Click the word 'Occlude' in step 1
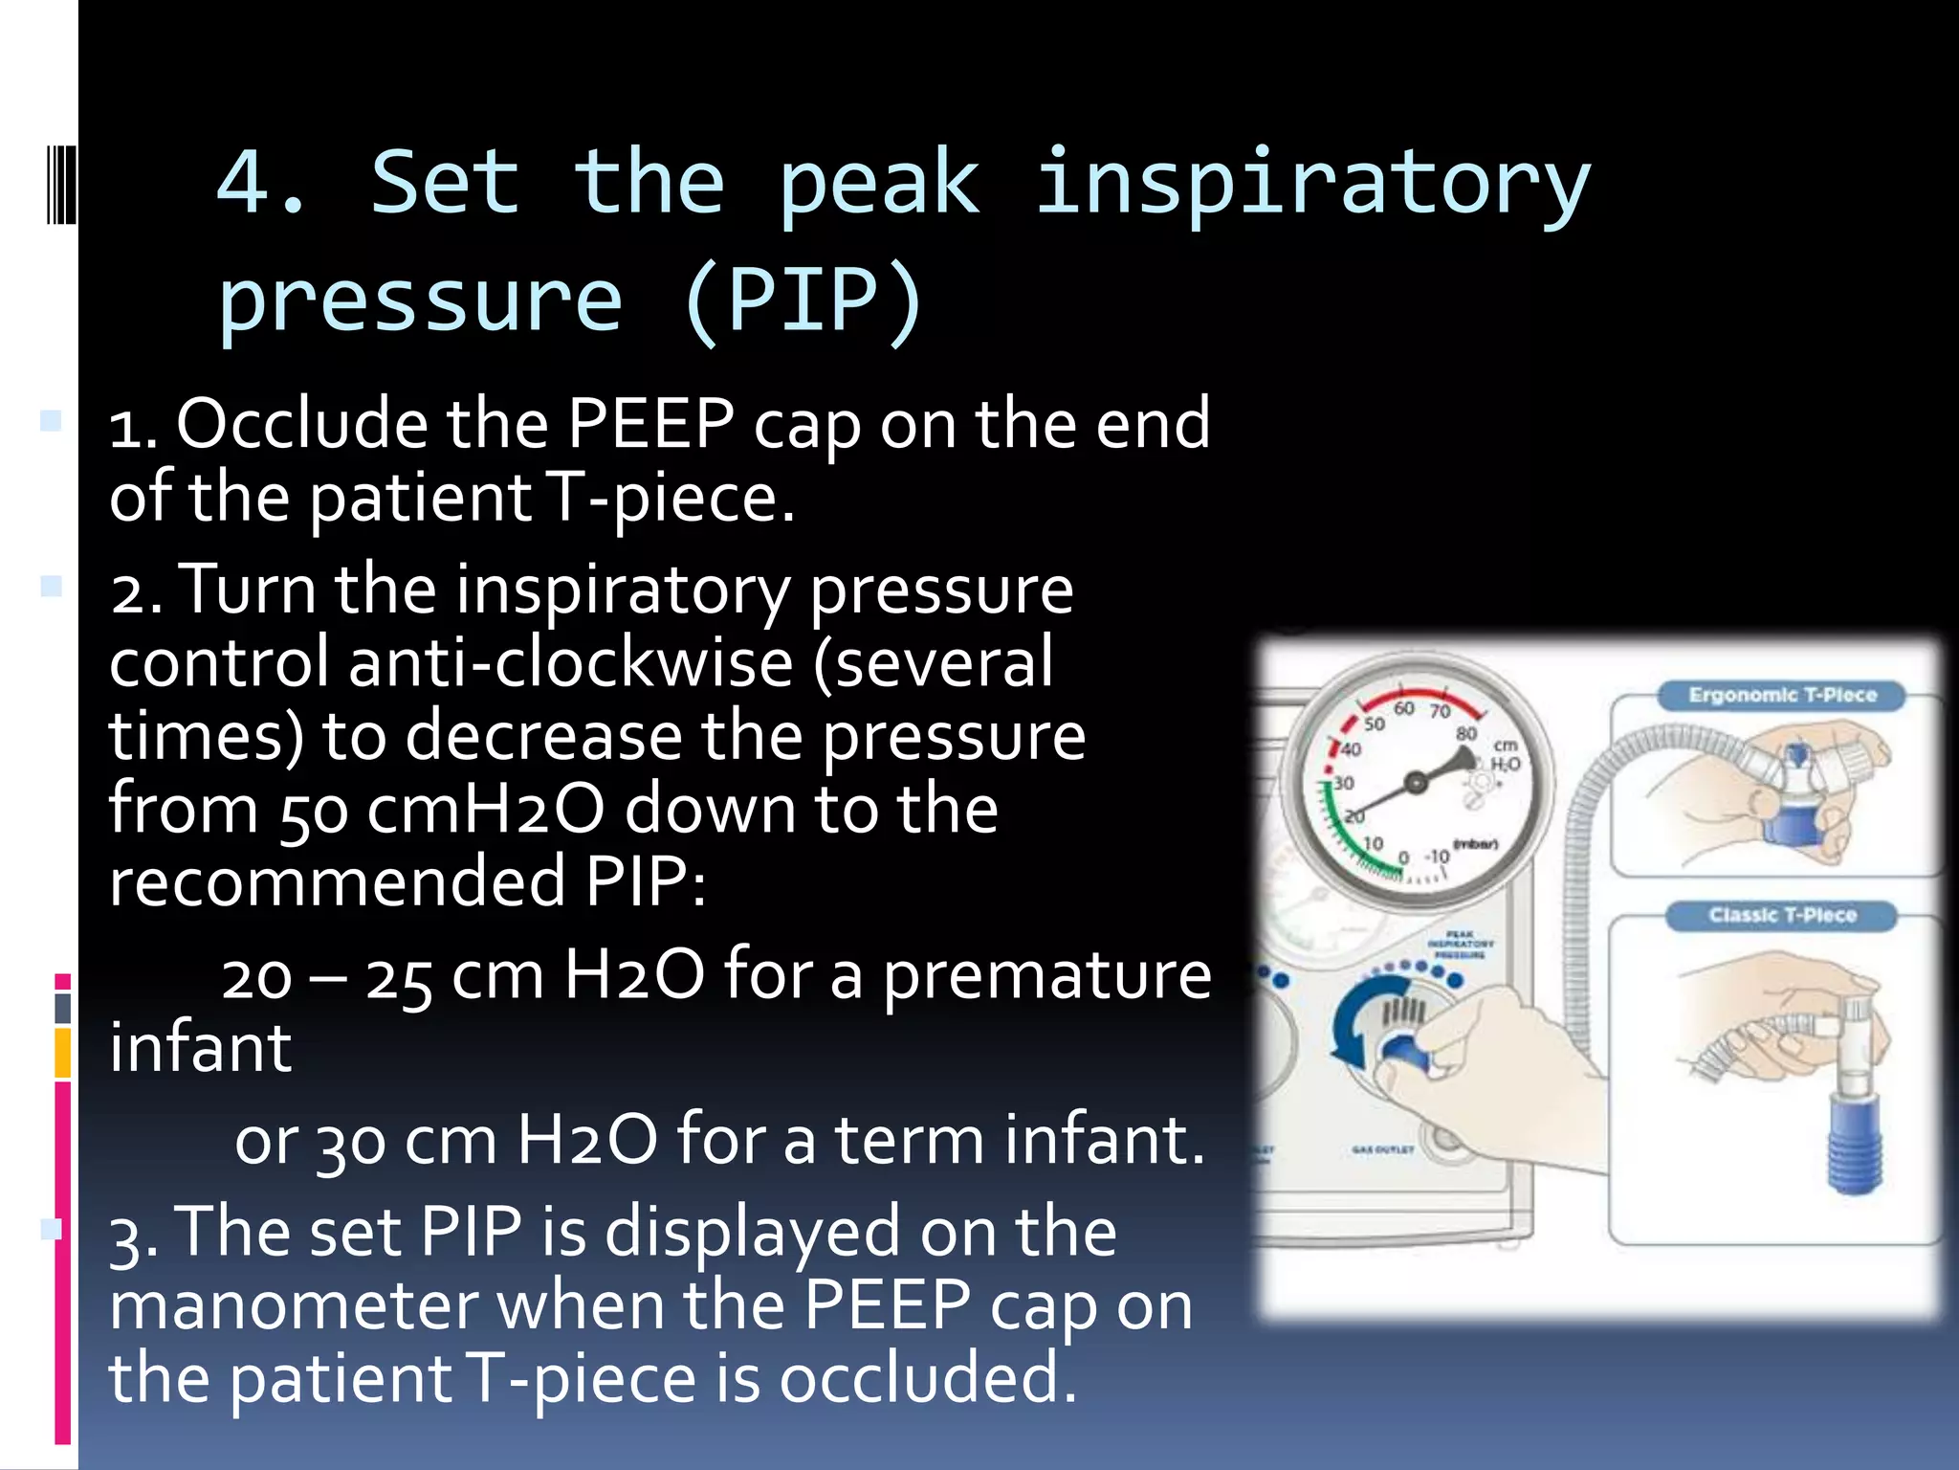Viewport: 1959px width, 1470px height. point(302,424)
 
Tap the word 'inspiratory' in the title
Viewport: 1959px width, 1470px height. point(1312,184)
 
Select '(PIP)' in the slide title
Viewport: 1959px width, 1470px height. point(803,301)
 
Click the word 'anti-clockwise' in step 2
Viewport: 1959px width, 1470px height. point(570,662)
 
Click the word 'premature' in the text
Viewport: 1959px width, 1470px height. point(1046,976)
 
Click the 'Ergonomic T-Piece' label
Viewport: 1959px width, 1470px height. point(1782,695)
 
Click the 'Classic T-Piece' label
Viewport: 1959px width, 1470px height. point(1782,915)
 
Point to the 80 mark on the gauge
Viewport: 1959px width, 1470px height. point(1465,733)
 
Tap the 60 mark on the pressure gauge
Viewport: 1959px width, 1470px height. point(1403,708)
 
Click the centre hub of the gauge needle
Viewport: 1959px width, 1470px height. point(1416,784)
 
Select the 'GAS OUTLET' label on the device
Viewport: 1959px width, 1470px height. point(1382,1148)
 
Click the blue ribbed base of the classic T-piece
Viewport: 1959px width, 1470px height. point(1854,1145)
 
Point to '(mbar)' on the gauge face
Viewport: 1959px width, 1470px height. point(1475,844)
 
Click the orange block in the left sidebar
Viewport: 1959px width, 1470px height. point(63,1053)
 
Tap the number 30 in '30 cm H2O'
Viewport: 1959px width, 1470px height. point(350,1143)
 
